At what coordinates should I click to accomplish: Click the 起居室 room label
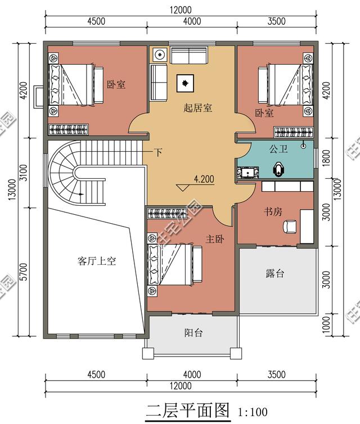point(198,108)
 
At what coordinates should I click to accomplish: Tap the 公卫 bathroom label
point(278,150)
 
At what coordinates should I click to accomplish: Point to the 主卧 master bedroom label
point(214,239)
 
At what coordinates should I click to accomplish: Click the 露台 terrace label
point(275,274)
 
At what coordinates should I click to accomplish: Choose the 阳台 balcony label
point(193,332)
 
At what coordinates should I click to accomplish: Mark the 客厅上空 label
point(96,261)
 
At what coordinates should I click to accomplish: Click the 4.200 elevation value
point(204,180)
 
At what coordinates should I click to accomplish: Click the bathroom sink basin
point(247,172)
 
